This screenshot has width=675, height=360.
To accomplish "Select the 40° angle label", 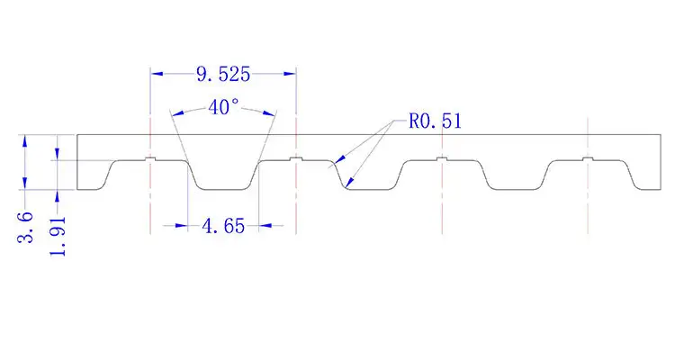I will (x=223, y=107).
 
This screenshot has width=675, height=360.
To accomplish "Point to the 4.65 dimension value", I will (x=222, y=227).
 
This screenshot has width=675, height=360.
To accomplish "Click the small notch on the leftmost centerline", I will (x=150, y=159).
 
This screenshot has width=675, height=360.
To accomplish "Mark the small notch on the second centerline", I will (x=295, y=159).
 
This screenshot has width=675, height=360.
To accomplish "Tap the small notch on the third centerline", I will (x=441, y=159).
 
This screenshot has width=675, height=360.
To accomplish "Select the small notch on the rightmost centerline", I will (x=587, y=159).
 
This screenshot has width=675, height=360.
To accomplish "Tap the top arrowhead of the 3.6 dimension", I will (x=26, y=139).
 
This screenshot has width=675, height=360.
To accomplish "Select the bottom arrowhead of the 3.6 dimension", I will (x=26, y=185).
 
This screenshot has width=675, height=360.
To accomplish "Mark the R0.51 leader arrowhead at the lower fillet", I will (x=346, y=184).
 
